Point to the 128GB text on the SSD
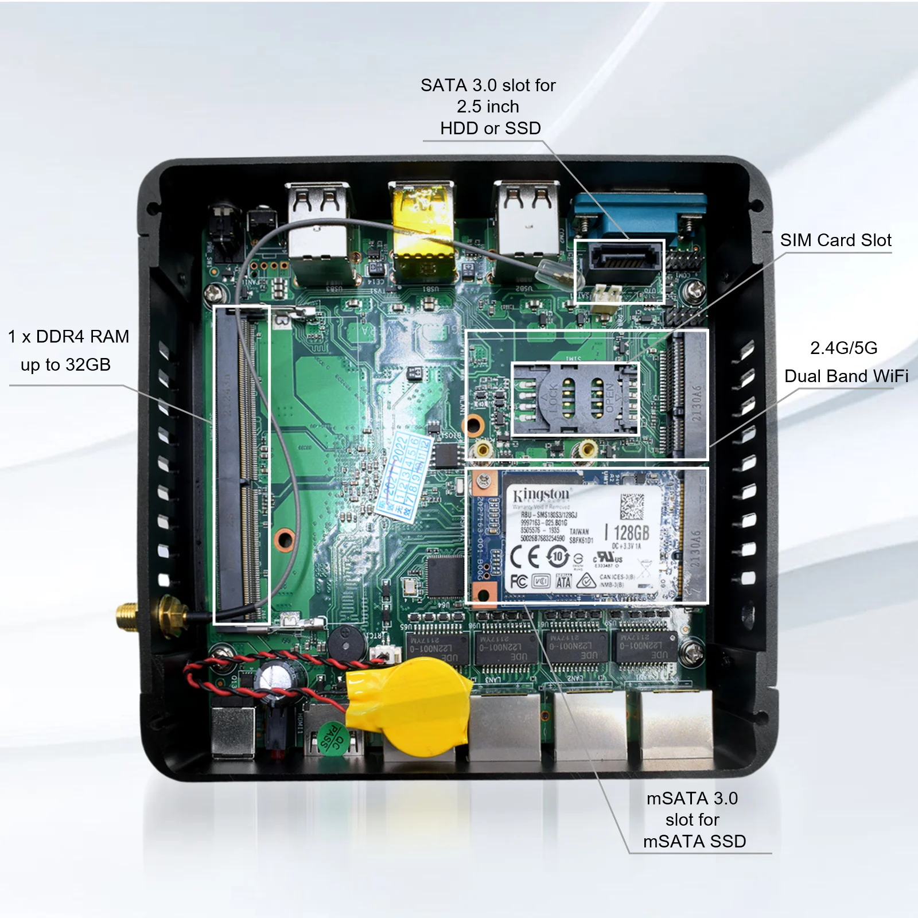tap(631, 532)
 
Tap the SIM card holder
tap(574, 399)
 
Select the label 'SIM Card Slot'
tap(835, 240)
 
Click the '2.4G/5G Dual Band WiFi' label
tap(845, 362)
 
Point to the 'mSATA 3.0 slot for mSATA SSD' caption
tap(694, 819)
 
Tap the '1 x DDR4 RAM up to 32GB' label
tap(67, 350)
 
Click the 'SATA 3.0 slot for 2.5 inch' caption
tap(488, 107)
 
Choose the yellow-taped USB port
tap(422, 229)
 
